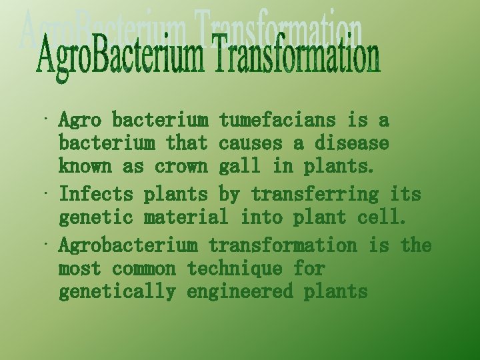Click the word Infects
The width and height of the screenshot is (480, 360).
[96, 195]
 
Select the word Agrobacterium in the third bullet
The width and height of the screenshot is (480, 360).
[128, 245]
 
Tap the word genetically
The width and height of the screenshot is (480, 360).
[117, 291]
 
